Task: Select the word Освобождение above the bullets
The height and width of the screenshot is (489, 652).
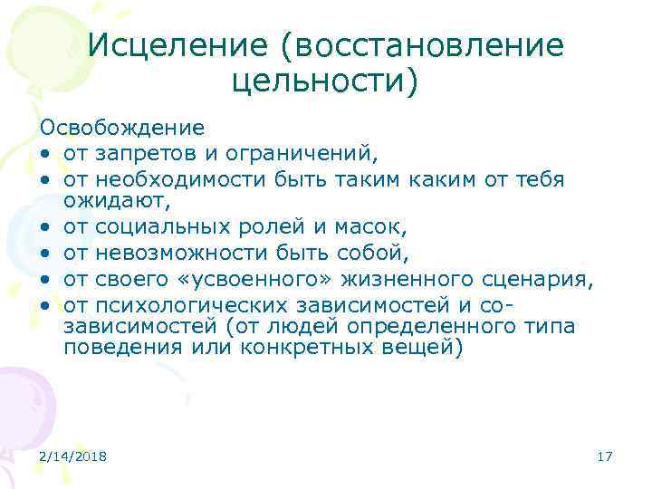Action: tap(121, 128)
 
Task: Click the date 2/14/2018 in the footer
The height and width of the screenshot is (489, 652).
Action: tap(72, 457)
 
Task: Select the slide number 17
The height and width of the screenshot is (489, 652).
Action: tap(605, 457)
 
